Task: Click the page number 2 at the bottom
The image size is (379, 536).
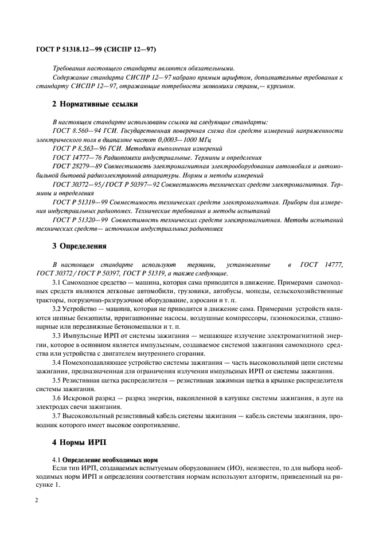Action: (x=37, y=500)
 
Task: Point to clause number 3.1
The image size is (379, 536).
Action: (x=57, y=283)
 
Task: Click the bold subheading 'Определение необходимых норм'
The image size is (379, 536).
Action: (x=108, y=460)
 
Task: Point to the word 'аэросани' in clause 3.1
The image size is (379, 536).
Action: (x=211, y=301)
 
